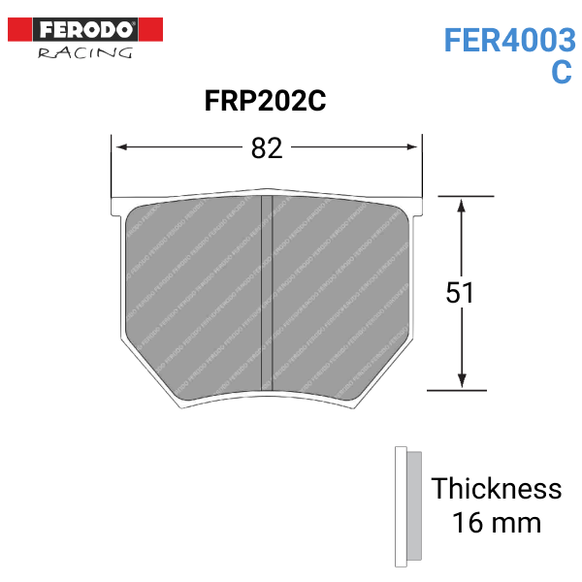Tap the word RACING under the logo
coord(85,52)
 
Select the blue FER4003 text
coord(509,40)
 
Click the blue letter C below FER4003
coord(562,74)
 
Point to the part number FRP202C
coord(264,101)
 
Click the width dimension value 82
coord(266,147)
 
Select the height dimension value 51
coord(460,292)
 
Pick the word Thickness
coord(496,488)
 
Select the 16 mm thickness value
coord(496,524)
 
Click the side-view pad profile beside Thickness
coord(406,507)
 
